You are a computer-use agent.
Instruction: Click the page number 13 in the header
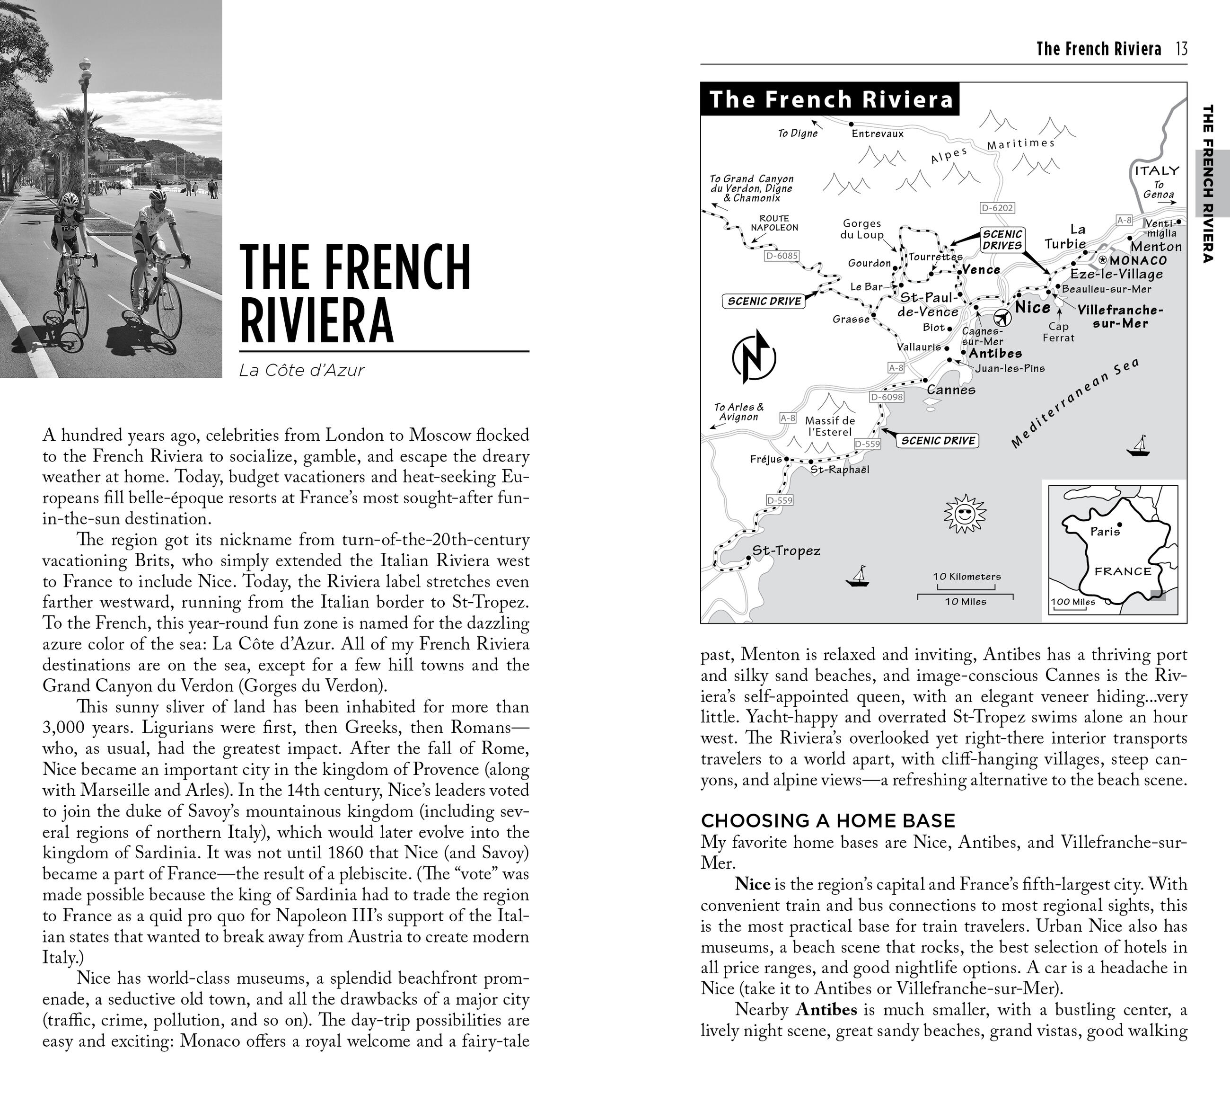pos(1181,49)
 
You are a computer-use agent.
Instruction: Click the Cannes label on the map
pos(951,390)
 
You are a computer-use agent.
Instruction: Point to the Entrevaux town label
pos(878,133)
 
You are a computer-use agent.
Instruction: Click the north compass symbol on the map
pos(754,357)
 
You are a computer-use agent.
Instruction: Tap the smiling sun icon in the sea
pos(965,514)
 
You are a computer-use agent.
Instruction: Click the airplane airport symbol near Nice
pos(1002,317)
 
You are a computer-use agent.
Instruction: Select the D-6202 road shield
pos(997,208)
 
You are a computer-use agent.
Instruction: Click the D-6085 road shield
pos(781,256)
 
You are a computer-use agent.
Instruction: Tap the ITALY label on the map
pos(1157,171)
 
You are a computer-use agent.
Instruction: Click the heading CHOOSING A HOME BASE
pos(828,821)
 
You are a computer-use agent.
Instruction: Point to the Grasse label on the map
pos(850,319)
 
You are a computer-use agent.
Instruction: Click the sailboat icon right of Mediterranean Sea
pos(1138,446)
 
